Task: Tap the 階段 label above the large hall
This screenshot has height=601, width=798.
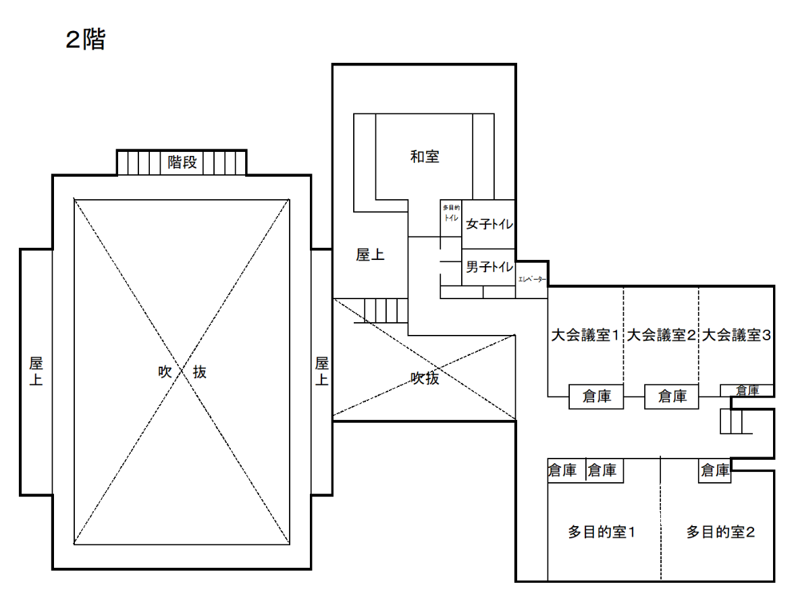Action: coord(182,162)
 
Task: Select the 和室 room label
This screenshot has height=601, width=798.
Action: coord(425,157)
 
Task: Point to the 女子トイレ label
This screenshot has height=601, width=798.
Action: coord(489,224)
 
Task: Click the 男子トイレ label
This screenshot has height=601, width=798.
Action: coord(489,267)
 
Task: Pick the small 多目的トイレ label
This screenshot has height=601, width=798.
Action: coord(451,213)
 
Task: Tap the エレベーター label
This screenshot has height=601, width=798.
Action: coord(531,279)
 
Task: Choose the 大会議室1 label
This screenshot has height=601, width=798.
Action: coord(585,335)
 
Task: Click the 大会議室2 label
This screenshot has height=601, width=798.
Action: coord(660,335)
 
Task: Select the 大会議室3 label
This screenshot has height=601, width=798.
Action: coord(736,335)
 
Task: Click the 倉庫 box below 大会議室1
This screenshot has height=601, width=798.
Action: coord(596,396)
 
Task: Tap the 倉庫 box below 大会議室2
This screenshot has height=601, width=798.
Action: coord(672,396)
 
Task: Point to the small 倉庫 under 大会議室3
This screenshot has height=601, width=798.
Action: coord(747,390)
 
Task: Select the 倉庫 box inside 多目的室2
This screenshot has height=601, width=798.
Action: coord(715,470)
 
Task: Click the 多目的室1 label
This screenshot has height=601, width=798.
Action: coord(602,532)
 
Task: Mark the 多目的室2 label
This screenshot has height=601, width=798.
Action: coord(720,532)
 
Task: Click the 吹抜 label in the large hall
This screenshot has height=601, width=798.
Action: coord(182,372)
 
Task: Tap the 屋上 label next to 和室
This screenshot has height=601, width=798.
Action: coord(370,255)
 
